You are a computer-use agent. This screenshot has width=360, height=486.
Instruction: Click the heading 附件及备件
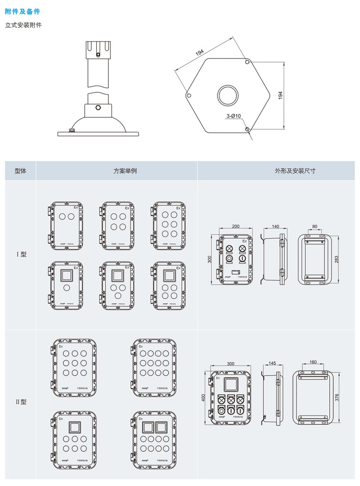tap(22, 11)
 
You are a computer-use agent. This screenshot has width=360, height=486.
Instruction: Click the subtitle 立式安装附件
tap(23, 25)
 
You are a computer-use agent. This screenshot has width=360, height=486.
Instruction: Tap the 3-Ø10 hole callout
tap(234, 116)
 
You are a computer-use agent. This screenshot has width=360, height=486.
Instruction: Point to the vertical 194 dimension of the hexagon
tap(280, 95)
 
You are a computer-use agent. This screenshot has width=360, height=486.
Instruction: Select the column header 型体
tap(21, 171)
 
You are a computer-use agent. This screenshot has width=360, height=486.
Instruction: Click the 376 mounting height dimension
tap(337, 396)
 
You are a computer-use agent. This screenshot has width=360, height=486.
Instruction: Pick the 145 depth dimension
tap(272, 363)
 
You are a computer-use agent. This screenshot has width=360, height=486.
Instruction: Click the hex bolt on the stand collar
tap(98, 108)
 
